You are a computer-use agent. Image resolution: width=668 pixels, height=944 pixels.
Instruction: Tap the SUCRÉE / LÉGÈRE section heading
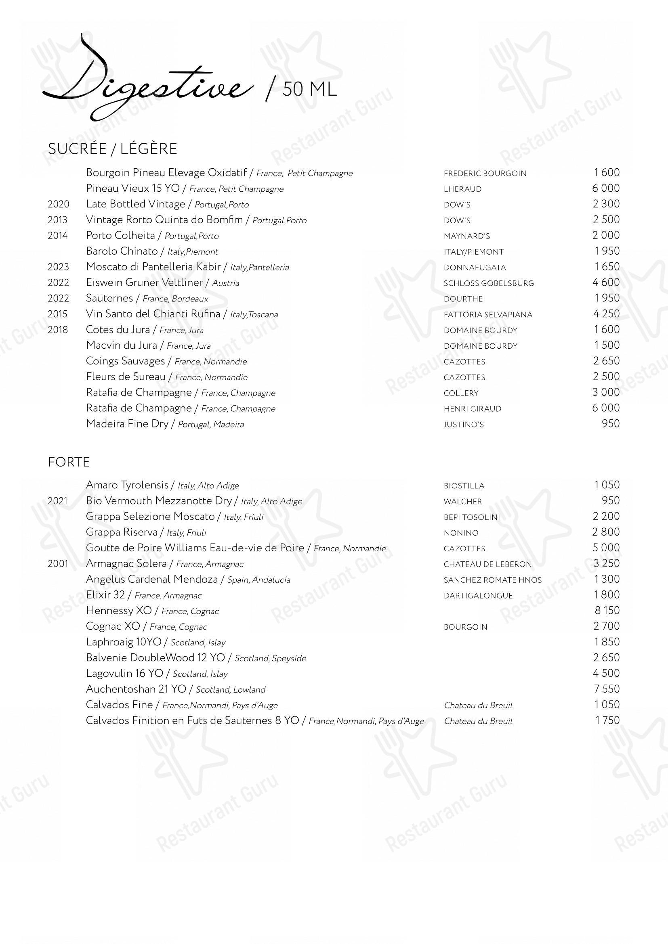(112, 149)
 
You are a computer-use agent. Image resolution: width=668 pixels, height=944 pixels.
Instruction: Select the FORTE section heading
(69, 462)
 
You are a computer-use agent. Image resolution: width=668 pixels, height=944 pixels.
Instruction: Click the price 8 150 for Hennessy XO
(606, 611)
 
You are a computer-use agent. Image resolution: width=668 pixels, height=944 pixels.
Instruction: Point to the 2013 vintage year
(58, 220)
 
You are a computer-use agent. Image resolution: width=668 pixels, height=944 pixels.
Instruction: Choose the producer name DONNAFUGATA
(475, 268)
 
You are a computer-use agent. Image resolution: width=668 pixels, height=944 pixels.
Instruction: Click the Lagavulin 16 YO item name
(125, 674)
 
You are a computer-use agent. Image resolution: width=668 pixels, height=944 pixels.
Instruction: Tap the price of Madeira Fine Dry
(610, 424)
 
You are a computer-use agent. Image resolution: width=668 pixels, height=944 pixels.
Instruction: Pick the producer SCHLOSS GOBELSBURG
(489, 283)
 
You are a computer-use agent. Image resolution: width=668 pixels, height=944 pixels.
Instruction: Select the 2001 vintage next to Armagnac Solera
(58, 564)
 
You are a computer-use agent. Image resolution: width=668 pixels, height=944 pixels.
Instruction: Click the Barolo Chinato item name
(122, 251)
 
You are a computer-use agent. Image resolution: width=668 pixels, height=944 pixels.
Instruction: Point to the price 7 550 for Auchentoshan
(606, 689)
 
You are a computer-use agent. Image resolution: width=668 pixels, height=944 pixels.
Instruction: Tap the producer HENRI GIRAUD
(472, 409)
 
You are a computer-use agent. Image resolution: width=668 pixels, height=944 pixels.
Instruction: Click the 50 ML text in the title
(310, 90)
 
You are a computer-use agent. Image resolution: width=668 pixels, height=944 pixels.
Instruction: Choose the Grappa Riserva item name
(122, 532)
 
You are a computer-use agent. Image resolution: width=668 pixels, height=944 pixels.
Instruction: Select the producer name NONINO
(461, 533)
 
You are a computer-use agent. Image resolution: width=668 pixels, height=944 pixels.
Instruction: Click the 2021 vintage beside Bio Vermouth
(58, 501)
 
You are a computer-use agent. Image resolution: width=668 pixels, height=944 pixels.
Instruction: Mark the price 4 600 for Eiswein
(606, 283)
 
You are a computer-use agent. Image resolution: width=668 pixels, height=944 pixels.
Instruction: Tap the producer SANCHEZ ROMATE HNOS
(492, 580)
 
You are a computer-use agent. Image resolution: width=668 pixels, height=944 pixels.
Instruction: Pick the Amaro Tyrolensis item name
(127, 485)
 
